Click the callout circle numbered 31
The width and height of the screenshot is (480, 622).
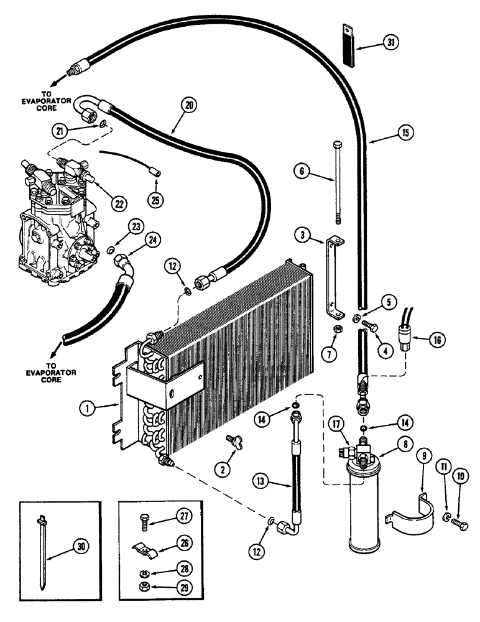[390, 43]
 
